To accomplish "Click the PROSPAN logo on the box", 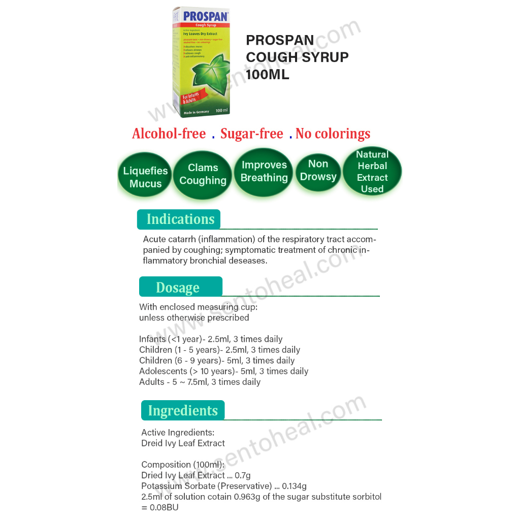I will click(x=206, y=16).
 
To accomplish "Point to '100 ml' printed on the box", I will click(x=221, y=110).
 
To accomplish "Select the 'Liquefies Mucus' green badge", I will click(x=145, y=177).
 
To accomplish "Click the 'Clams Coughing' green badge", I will click(x=203, y=174).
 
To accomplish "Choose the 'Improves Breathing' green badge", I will click(x=264, y=172).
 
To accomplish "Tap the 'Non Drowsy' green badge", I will click(x=318, y=171).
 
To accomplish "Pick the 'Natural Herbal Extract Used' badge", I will click(x=372, y=172).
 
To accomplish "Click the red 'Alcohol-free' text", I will click(x=169, y=134).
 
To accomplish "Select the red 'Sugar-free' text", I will click(x=251, y=134).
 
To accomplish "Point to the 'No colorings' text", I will click(x=333, y=134).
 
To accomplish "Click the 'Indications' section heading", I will click(x=180, y=219).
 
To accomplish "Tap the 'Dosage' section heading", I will click(x=178, y=287).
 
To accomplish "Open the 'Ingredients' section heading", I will click(x=183, y=410).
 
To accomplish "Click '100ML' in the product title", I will click(x=268, y=74).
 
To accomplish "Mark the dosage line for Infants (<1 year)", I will click(x=211, y=339).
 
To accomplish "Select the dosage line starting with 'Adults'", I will click(x=200, y=382).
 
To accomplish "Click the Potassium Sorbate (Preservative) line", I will click(x=224, y=486).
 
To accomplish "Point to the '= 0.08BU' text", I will click(x=160, y=507).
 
